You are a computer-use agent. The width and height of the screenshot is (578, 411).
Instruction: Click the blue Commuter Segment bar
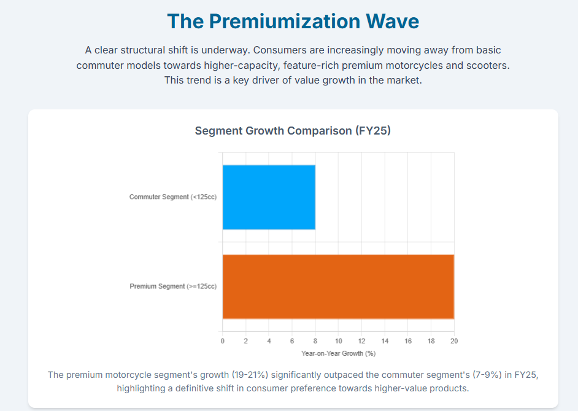[269, 197]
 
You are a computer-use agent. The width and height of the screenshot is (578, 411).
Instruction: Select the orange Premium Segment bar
[338, 286]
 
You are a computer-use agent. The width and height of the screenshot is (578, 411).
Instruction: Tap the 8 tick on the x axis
[315, 341]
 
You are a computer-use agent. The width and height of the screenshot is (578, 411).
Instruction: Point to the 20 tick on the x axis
[454, 341]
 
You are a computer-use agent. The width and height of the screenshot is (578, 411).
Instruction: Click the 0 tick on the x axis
[223, 341]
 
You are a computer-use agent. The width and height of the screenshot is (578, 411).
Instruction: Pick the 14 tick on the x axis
[385, 341]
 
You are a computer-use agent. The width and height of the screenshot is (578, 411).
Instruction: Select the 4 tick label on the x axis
[269, 341]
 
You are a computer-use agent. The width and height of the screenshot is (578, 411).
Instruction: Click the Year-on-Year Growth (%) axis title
[338, 353]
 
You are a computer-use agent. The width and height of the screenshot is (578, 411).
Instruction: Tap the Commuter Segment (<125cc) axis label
[173, 197]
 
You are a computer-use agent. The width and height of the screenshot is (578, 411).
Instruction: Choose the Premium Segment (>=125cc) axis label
[173, 286]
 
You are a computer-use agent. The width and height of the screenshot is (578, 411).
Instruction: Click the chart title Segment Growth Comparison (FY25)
[293, 131]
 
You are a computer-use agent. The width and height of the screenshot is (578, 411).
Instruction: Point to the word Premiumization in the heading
[284, 22]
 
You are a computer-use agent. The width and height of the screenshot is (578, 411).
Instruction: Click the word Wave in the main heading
[393, 22]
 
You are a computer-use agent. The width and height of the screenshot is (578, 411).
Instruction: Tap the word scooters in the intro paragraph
[484, 65]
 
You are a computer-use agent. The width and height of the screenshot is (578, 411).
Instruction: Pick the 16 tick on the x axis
[408, 341]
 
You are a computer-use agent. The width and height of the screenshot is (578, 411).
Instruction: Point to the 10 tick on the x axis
[338, 341]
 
